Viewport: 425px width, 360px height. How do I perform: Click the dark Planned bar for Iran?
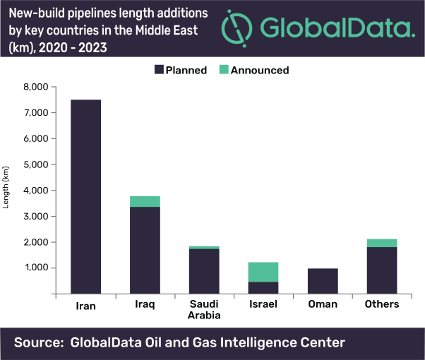tap(85, 196)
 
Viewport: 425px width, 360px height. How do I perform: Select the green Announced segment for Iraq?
tap(144, 201)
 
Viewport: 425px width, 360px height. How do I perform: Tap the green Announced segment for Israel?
tap(263, 272)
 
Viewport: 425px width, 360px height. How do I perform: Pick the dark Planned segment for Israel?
tap(263, 287)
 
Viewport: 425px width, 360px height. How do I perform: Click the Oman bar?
tap(322, 280)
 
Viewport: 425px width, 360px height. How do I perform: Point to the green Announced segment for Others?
tap(381, 243)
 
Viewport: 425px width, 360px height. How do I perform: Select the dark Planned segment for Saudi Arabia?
tap(203, 271)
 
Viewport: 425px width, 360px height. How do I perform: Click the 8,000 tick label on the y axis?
tap(36, 87)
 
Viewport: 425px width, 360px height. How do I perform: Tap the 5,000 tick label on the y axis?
tap(36, 164)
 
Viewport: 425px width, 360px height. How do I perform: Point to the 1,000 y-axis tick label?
tap(36, 268)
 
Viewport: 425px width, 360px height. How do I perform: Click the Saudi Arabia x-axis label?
tap(203, 309)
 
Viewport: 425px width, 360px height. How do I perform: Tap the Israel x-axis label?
tap(263, 304)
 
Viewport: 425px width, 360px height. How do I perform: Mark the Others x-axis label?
tap(381, 304)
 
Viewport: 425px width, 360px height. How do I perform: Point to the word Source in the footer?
tap(38, 342)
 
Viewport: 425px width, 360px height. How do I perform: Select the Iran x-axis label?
tap(85, 304)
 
